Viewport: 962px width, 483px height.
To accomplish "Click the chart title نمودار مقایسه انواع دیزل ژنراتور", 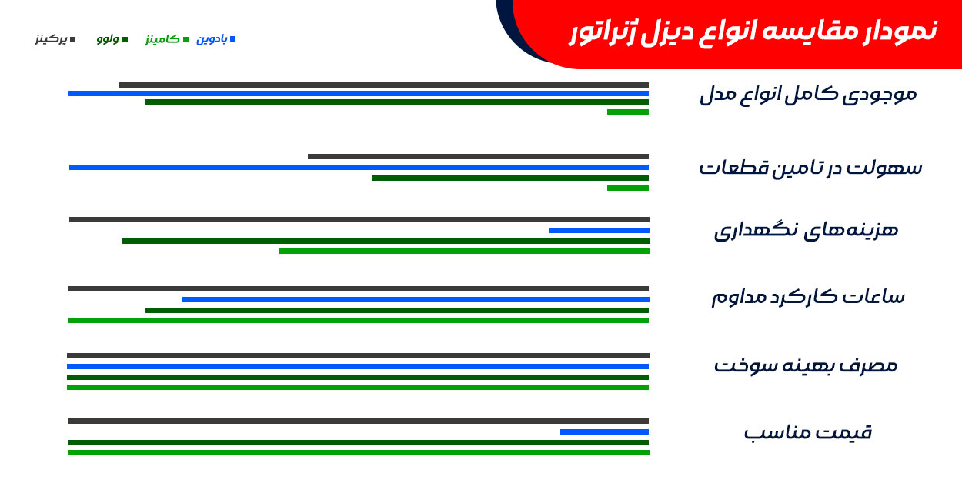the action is [753, 32].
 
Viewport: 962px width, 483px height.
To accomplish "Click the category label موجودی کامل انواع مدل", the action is [808, 95].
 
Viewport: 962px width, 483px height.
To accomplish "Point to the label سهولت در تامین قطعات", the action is [810, 168].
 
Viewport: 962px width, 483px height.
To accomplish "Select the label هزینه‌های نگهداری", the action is [806, 231].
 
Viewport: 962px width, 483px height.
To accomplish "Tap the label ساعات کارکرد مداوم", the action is [808, 297].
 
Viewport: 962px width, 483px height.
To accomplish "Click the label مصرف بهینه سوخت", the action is [806, 365].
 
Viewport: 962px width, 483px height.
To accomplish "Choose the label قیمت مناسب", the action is [808, 432].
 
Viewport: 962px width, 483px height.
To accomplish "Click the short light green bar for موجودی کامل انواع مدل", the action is [628, 112].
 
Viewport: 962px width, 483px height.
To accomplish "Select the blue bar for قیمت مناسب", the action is [604, 432].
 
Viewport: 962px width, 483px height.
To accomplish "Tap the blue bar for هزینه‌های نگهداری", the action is [599, 231].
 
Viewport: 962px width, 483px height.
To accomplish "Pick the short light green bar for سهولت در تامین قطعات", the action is [628, 188].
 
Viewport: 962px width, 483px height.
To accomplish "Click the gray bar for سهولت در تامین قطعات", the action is [478, 157].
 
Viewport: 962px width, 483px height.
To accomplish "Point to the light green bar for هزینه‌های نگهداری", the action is [464, 251].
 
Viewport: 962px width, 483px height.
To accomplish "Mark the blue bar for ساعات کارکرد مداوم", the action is [416, 300].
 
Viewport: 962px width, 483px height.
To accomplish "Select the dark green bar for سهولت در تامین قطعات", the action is [510, 178].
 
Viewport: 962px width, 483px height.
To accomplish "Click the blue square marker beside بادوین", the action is [232, 39].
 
